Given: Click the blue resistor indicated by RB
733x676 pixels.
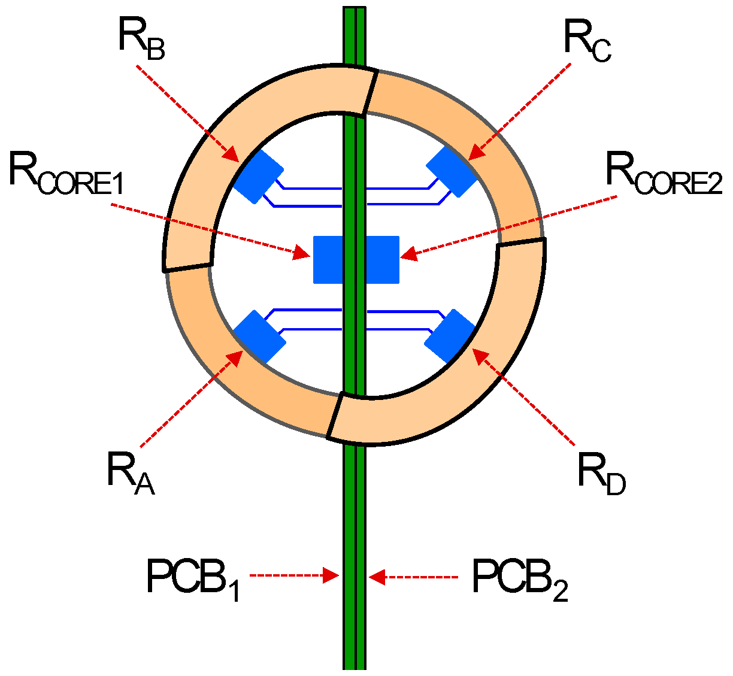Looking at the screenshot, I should coord(258,176).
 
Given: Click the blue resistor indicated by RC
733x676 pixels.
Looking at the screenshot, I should coord(452,171).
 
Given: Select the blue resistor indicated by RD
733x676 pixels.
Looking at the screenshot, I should coord(450,337).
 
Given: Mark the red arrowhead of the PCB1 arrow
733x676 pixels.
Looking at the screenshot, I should coord(332,575).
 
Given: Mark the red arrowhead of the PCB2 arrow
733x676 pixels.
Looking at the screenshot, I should coord(376,577).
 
